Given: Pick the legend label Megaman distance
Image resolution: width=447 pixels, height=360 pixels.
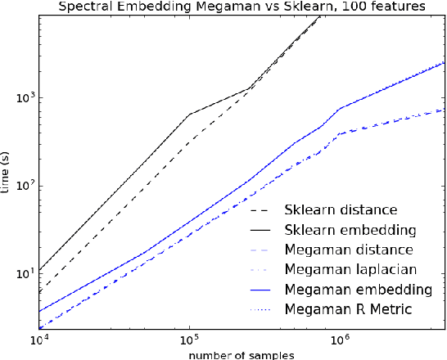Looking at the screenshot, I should point(348,249).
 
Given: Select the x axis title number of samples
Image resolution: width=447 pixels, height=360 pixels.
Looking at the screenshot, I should point(242,354).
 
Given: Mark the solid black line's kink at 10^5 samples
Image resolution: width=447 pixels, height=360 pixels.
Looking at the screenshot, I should point(189,115).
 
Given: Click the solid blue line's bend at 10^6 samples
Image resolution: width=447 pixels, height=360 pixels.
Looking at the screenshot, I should point(340,108).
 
